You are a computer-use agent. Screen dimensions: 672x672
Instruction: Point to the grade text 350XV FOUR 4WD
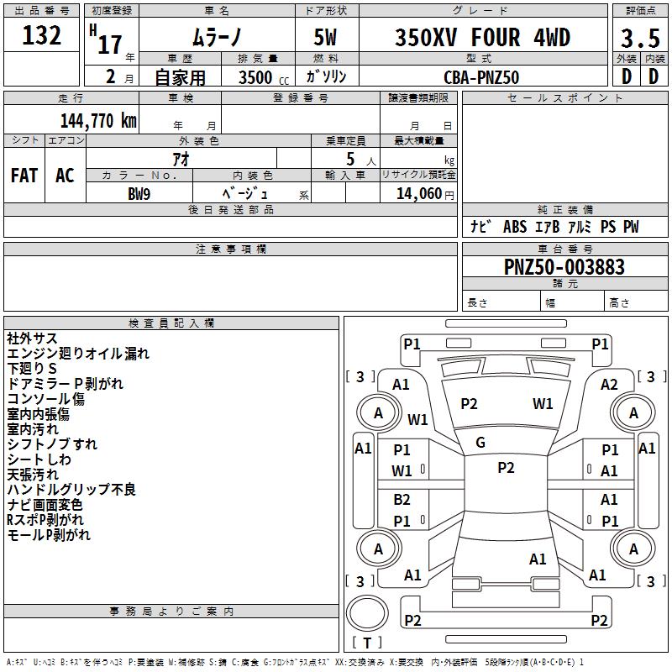482,38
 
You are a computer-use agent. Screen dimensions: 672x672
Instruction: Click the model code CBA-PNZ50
481,77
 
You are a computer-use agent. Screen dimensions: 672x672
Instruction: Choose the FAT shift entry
24,176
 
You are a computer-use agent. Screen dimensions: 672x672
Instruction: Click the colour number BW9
139,194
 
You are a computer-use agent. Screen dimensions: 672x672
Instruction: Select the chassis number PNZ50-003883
564,267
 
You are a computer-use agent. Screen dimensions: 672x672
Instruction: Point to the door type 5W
327,39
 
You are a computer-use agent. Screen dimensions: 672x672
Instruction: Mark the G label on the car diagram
480,443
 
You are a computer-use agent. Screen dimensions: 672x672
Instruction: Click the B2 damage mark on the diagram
402,500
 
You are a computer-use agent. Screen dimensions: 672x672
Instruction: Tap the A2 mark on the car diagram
609,384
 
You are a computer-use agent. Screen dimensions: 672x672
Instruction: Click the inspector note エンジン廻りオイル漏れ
78,354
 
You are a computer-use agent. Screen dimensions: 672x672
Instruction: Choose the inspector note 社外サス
32,339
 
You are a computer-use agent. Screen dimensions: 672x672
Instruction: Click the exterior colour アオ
180,159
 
